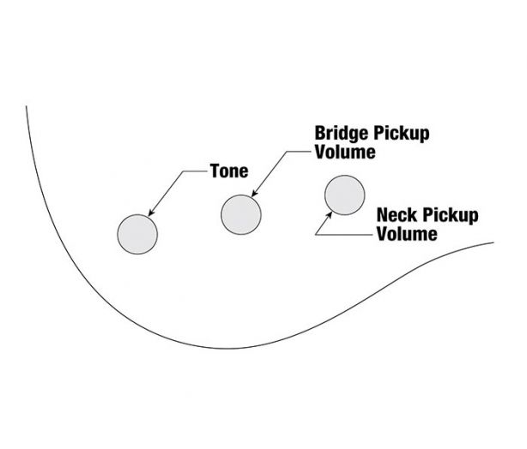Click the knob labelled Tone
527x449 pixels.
click(x=137, y=234)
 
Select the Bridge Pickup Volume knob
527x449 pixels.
click(x=241, y=215)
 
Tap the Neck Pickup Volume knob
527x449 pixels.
click(x=345, y=195)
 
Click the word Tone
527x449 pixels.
click(x=229, y=171)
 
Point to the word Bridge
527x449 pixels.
click(x=342, y=134)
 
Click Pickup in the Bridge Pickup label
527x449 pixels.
click(x=401, y=134)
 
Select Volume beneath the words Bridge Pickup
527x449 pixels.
click(x=345, y=152)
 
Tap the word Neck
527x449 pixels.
click(x=397, y=215)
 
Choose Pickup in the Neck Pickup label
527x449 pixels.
click(x=450, y=216)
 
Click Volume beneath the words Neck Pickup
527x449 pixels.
click(x=407, y=234)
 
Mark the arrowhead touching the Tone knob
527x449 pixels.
click(x=151, y=213)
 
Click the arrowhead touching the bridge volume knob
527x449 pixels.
click(x=254, y=194)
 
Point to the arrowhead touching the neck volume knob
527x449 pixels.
click(x=330, y=215)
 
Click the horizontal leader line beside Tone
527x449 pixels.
click(x=196, y=171)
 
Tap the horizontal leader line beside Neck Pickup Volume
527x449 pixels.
click(x=344, y=235)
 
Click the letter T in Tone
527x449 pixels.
click(x=215, y=171)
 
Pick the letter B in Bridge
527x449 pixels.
click(x=320, y=133)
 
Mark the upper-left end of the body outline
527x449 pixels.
click(x=27, y=106)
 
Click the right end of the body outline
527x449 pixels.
click(x=494, y=242)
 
